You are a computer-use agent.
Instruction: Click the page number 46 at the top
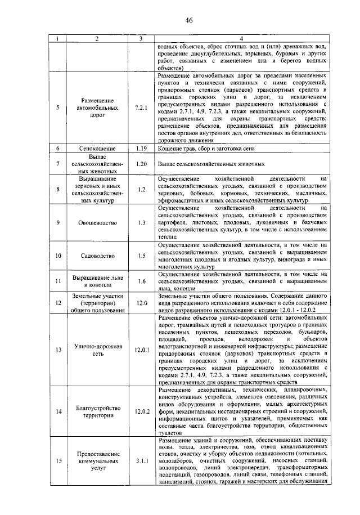(188, 21)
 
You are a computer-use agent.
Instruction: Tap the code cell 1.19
(141, 149)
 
